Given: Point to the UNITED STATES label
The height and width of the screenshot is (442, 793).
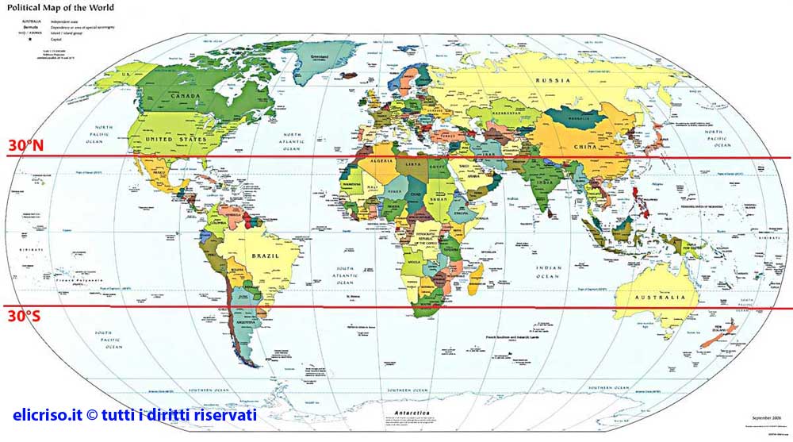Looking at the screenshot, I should [x=175, y=139].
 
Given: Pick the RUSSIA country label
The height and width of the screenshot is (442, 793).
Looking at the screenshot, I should [x=553, y=81].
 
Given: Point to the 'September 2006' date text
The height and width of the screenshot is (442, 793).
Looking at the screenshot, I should [x=765, y=417].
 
